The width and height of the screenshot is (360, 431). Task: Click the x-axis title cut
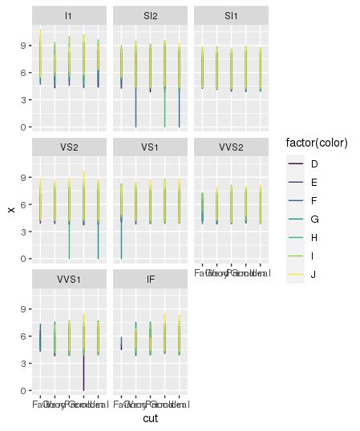[150, 419]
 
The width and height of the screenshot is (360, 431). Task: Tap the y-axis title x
[10, 209]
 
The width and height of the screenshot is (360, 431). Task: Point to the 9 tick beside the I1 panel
[24, 46]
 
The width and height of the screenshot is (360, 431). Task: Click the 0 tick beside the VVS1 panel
[24, 390]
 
